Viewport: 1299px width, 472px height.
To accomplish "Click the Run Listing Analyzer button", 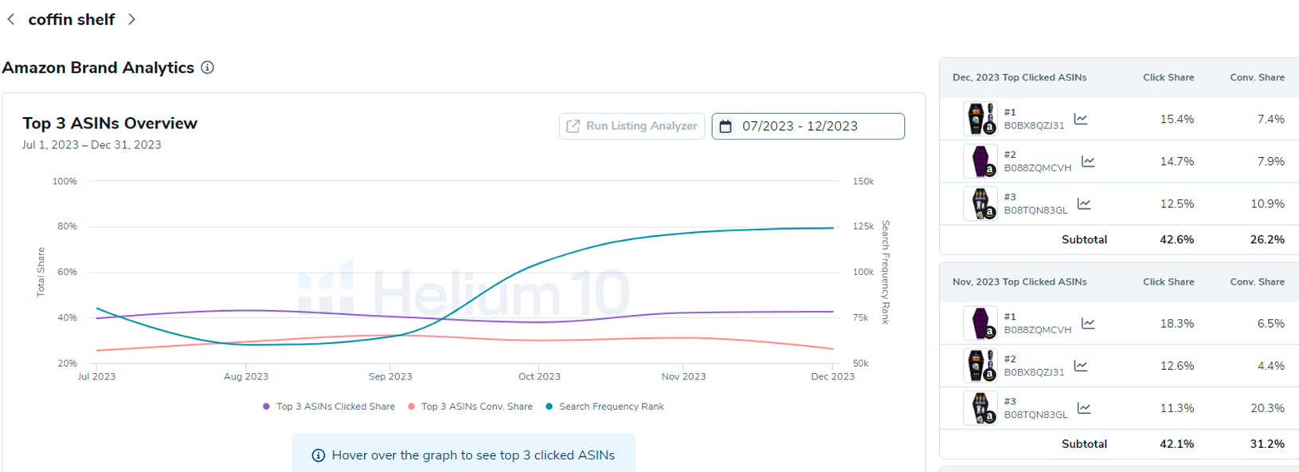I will pyautogui.click(x=632, y=126).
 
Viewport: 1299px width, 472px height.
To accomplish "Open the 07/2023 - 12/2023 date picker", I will pyautogui.click(x=808, y=126).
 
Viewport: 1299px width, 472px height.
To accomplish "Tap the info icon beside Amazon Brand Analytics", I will pyautogui.click(x=207, y=68).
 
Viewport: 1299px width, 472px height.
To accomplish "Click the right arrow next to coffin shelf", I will pyautogui.click(x=132, y=19).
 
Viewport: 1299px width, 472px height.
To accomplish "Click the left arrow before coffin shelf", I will pyautogui.click(x=11, y=19).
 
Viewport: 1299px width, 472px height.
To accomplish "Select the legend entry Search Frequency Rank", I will pyautogui.click(x=611, y=407).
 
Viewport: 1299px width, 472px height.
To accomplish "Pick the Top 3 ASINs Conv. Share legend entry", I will pyautogui.click(x=476, y=407).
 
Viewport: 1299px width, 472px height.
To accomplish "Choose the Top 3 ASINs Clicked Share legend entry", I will pyautogui.click(x=335, y=407).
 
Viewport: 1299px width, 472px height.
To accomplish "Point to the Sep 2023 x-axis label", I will pyautogui.click(x=390, y=376).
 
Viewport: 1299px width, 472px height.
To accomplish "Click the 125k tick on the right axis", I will pyautogui.click(x=863, y=226).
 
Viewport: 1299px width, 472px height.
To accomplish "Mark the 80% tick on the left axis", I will pyautogui.click(x=67, y=226).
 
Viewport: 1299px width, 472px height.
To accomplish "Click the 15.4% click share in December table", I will pyautogui.click(x=1176, y=120).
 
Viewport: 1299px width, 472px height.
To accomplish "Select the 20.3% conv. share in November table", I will pyautogui.click(x=1266, y=408).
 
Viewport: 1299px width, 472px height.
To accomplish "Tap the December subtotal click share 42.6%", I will pyautogui.click(x=1176, y=239).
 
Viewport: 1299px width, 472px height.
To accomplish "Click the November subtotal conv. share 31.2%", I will pyautogui.click(x=1266, y=444).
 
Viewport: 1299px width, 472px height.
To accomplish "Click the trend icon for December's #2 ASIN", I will pyautogui.click(x=1088, y=162).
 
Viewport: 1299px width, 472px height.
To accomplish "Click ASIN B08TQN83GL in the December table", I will pyautogui.click(x=1035, y=210).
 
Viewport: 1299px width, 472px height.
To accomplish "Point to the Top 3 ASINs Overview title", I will pyautogui.click(x=110, y=124).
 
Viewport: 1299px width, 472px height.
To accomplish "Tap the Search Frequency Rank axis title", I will pyautogui.click(x=886, y=272).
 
